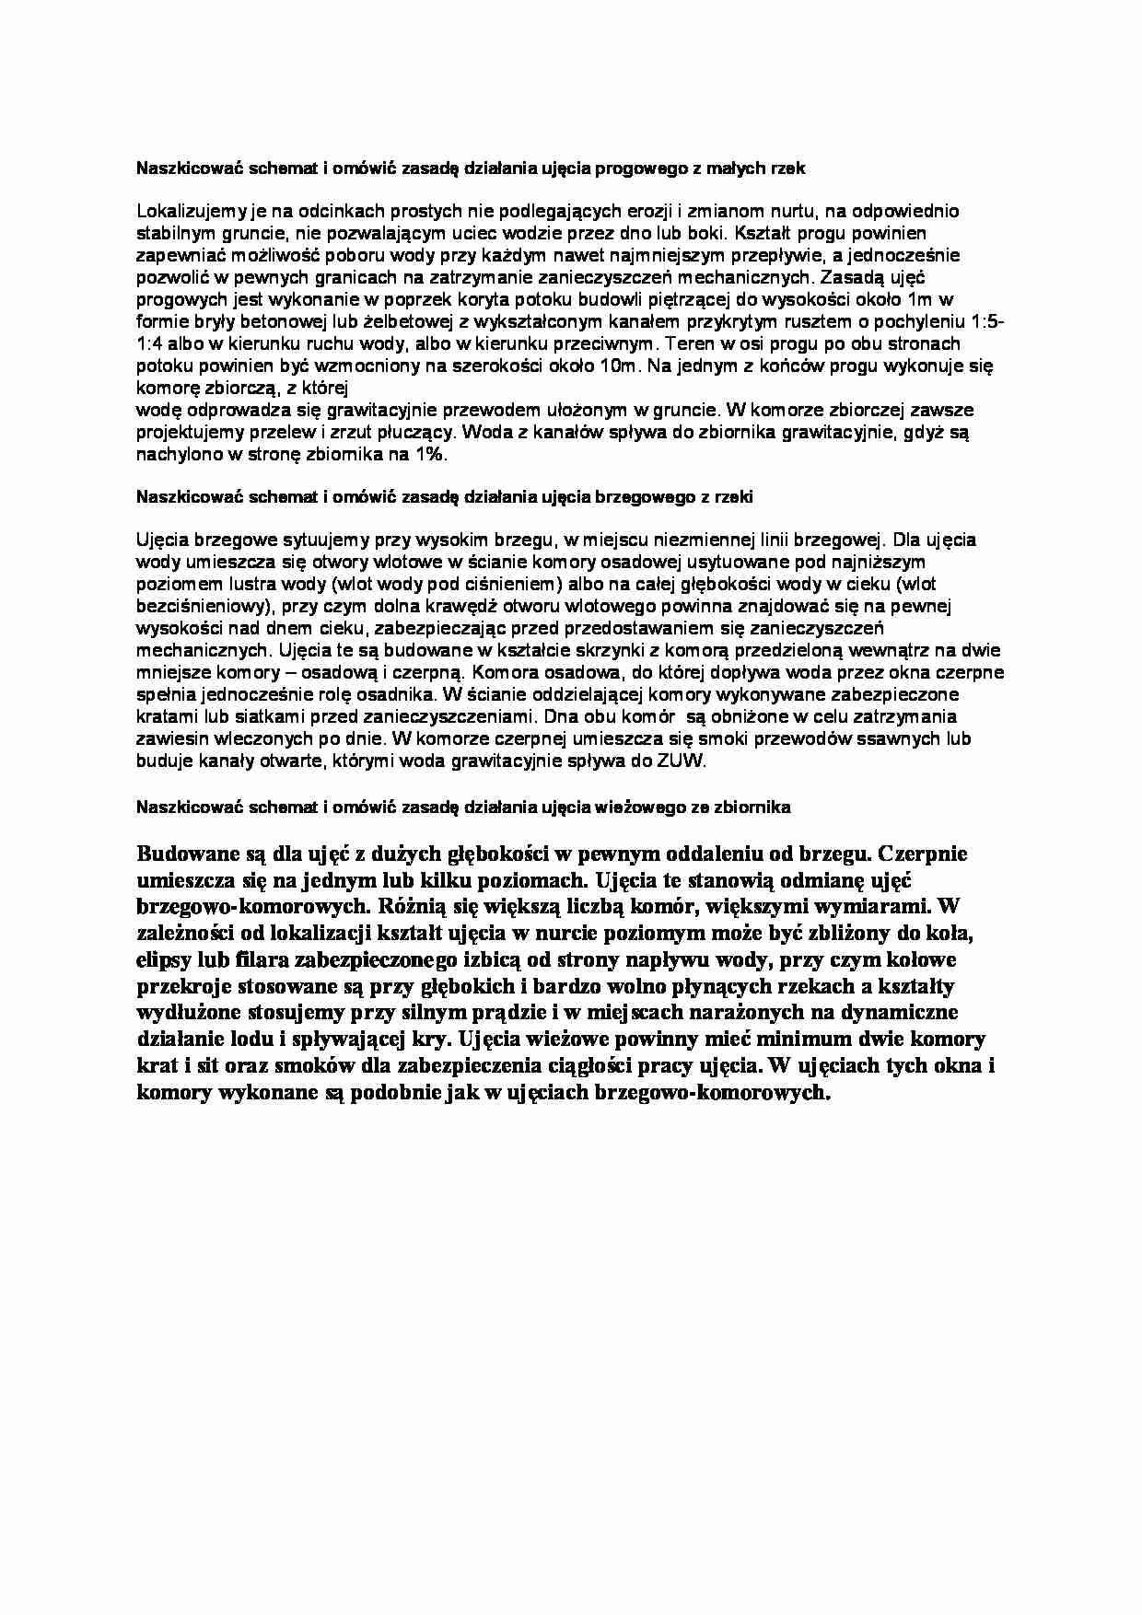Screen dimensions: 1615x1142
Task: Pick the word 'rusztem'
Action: (x=814, y=322)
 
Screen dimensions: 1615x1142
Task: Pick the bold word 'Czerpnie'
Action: (x=922, y=853)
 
